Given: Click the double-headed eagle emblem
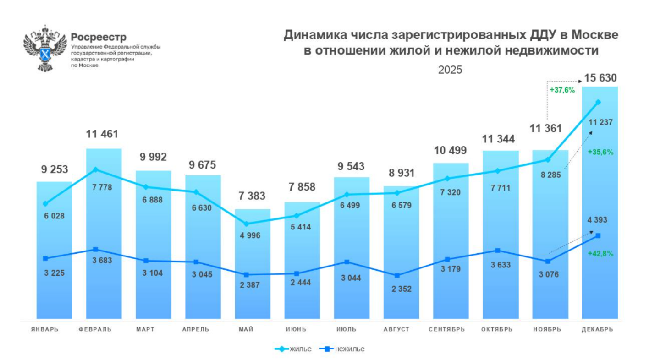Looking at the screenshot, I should [44, 48].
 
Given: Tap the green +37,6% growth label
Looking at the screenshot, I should [562, 90].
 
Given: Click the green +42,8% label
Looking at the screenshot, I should [600, 253].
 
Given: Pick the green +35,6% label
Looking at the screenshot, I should [600, 152].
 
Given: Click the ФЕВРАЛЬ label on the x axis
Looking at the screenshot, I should [95, 330].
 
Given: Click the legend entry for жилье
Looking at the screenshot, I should [293, 349].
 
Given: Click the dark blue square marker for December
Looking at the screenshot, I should [598, 235].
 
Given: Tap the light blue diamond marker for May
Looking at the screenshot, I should [246, 224].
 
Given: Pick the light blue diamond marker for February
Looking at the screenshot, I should [95, 169].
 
